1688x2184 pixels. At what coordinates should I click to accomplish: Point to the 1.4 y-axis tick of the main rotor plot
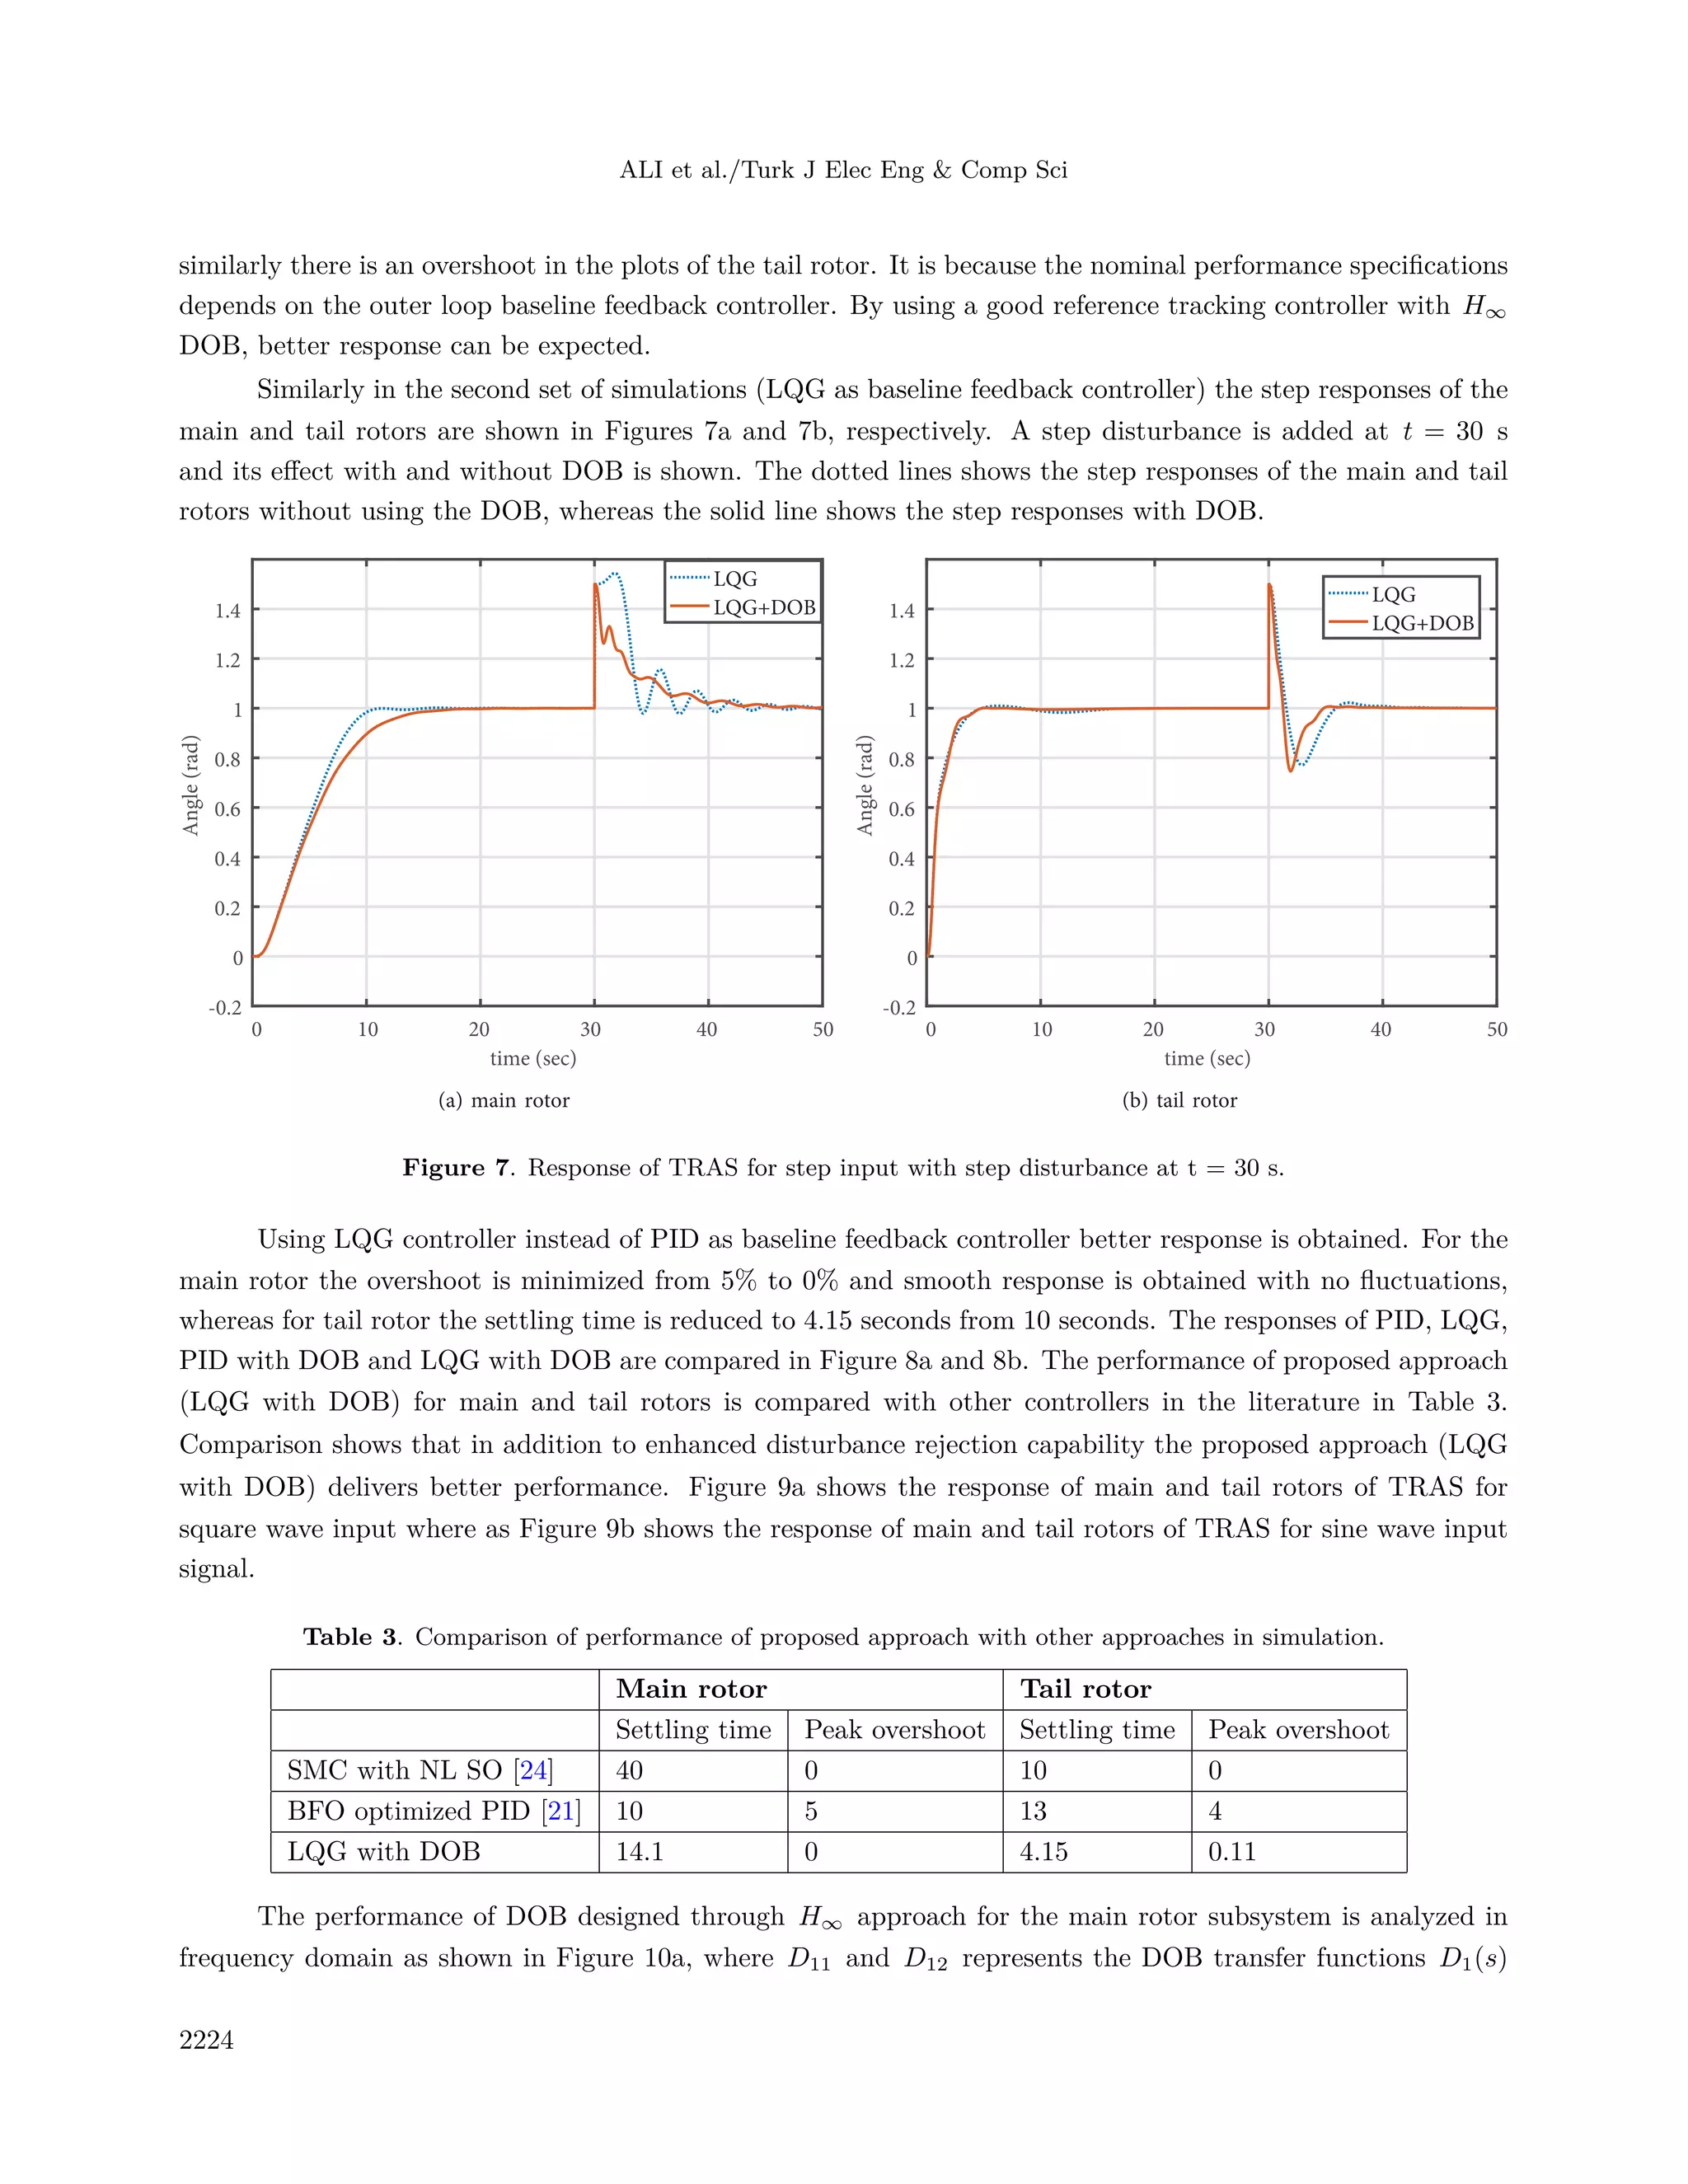pyautogui.click(x=228, y=610)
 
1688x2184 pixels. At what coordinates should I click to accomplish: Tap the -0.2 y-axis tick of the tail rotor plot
pyautogui.click(x=899, y=1007)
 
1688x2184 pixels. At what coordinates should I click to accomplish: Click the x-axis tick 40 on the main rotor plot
pyautogui.click(x=707, y=1029)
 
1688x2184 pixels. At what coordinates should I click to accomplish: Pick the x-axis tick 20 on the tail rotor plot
pyautogui.click(x=1153, y=1029)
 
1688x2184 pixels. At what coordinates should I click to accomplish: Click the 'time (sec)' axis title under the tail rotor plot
pyautogui.click(x=1207, y=1058)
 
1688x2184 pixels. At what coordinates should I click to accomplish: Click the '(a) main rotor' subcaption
pyautogui.click(x=504, y=1100)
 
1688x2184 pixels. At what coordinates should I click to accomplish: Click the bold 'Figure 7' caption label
pyautogui.click(x=456, y=1168)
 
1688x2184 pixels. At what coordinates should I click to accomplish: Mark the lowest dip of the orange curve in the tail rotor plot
pyautogui.click(x=1291, y=770)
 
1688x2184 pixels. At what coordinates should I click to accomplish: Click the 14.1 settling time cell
pyautogui.click(x=639, y=1852)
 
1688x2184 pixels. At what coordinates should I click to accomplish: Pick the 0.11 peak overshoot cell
pyautogui.click(x=1231, y=1852)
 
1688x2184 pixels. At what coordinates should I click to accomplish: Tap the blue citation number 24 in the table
pyautogui.click(x=533, y=1771)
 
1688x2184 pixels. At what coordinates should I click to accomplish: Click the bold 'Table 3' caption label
pyautogui.click(x=350, y=1637)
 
